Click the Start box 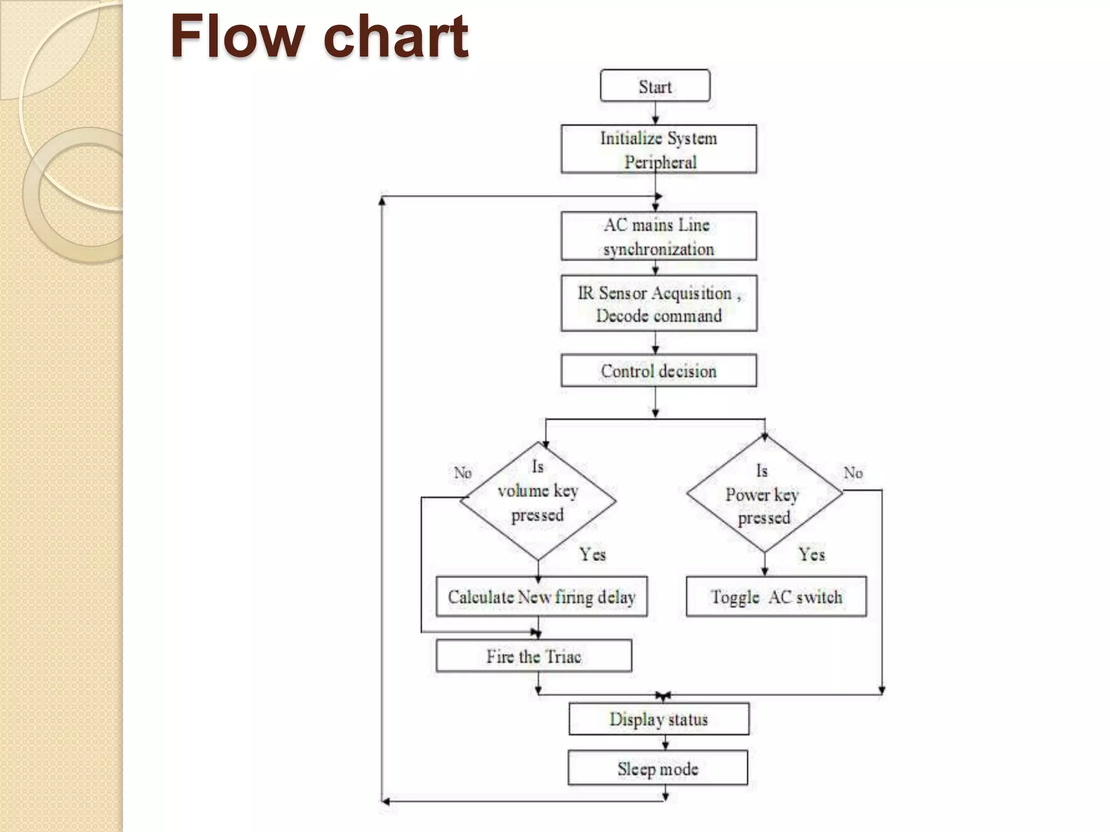(x=655, y=86)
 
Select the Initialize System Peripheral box (x=659, y=149)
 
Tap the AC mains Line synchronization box (x=659, y=236)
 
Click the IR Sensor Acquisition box (x=659, y=303)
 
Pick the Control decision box (x=659, y=371)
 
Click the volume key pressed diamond (x=538, y=500)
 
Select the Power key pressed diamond (x=764, y=494)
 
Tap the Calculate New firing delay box (x=541, y=596)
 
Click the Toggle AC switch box (x=776, y=596)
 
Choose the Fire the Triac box (x=534, y=656)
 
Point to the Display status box (x=659, y=719)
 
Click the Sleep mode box (x=657, y=768)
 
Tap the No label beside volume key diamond (x=462, y=473)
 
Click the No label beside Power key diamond (x=853, y=473)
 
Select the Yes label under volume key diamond (x=592, y=554)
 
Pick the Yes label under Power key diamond (x=811, y=554)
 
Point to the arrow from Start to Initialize (x=655, y=113)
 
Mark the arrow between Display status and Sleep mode (x=666, y=743)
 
